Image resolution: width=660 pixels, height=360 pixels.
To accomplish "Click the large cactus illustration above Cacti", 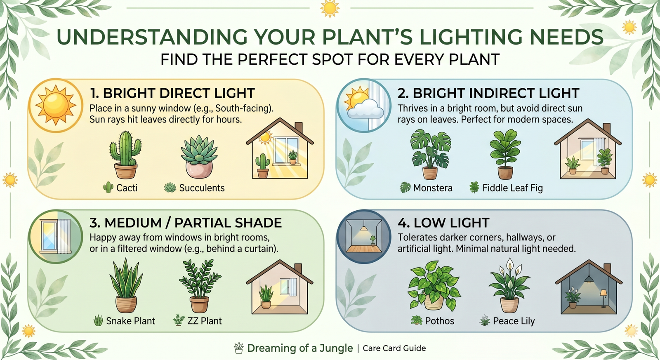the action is (125, 155).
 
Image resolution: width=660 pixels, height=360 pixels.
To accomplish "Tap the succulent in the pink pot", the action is (199, 157).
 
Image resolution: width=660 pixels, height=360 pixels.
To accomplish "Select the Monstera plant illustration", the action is (430, 154).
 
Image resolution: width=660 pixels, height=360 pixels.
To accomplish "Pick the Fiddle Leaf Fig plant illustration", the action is (505, 154).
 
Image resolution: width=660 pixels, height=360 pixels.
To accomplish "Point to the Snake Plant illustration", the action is (126, 285).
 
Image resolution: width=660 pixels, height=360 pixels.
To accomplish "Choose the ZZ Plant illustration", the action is (200, 286).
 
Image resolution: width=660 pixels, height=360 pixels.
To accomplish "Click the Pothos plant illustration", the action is (434, 286).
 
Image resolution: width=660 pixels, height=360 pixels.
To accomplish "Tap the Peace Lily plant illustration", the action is (509, 285).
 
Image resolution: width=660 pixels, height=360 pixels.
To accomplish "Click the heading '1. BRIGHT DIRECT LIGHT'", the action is (172, 93).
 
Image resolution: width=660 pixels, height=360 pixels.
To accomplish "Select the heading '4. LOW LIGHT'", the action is (443, 223).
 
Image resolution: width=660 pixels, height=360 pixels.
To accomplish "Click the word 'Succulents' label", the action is (202, 188).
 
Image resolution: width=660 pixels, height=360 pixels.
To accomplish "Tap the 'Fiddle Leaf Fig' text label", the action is (512, 188).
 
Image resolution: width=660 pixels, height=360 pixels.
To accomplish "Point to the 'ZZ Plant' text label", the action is (205, 321).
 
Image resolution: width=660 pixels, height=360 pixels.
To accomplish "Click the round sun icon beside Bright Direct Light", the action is (55, 106).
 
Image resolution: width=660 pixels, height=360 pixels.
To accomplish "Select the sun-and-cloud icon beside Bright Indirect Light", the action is (364, 106).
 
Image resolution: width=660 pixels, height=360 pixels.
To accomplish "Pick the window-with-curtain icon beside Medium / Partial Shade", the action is (55, 236).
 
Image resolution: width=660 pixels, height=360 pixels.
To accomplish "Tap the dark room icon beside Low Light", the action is (364, 236).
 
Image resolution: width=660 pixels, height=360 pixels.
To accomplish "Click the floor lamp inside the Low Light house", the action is (604, 298).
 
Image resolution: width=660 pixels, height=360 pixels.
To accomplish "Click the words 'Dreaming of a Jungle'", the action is (300, 348).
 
